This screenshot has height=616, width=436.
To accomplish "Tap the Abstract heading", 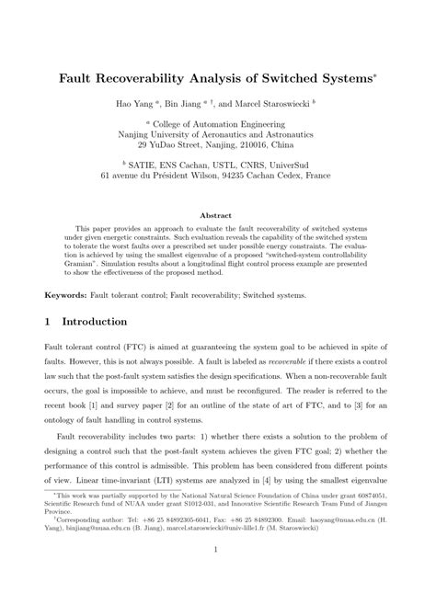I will tap(217, 217).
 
